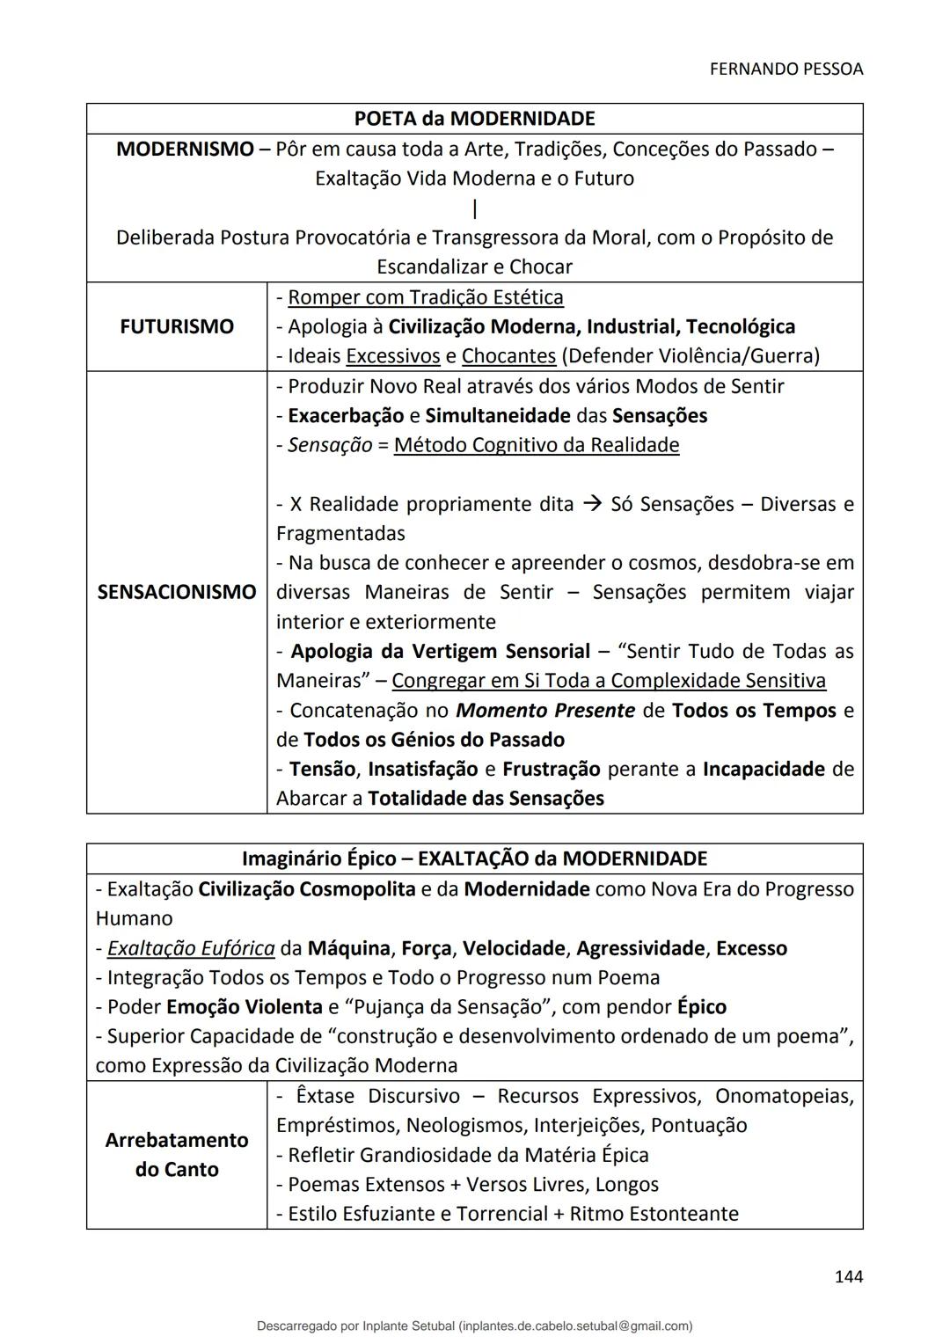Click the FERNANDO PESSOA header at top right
(x=786, y=69)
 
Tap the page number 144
(x=848, y=1276)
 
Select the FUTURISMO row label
(x=177, y=326)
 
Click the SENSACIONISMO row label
(x=177, y=592)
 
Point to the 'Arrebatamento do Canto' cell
(x=177, y=1154)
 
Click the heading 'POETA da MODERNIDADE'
(x=474, y=119)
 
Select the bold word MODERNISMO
(x=185, y=149)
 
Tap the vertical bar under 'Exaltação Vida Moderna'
(x=475, y=208)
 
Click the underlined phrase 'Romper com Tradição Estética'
(x=426, y=297)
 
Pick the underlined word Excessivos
(x=393, y=356)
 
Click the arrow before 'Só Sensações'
(x=593, y=504)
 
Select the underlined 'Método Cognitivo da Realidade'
(x=537, y=445)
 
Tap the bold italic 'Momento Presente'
(x=545, y=711)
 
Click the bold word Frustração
(x=551, y=770)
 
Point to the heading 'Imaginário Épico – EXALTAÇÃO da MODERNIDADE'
(x=474, y=858)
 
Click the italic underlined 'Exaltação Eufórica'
(x=191, y=948)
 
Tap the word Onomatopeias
(x=784, y=1096)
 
